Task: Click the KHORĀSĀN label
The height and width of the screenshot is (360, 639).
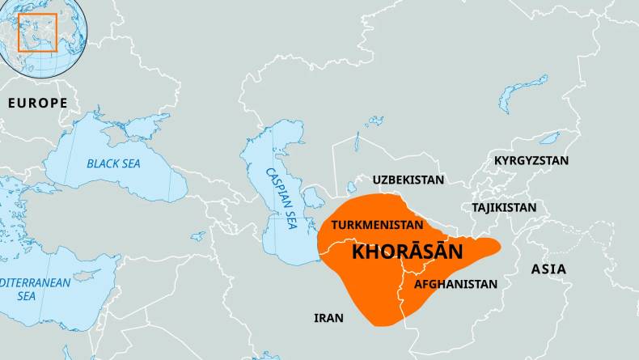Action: [408, 252]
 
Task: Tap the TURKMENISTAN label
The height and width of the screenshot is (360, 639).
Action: [378, 224]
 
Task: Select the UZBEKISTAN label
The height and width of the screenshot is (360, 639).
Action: [408, 180]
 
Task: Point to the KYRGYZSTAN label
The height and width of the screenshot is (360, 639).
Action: [531, 161]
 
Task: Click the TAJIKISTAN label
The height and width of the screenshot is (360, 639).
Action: [504, 208]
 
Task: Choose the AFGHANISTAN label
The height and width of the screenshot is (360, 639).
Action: [455, 285]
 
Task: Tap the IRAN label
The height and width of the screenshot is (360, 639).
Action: [328, 318]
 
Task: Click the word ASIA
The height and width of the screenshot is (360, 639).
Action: [548, 269]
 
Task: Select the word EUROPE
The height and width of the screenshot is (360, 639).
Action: [37, 103]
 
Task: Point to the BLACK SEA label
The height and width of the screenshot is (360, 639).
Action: [113, 163]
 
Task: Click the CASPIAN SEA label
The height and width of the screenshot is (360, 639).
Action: [282, 198]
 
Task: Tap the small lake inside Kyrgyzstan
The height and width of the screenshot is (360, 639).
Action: [549, 138]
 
